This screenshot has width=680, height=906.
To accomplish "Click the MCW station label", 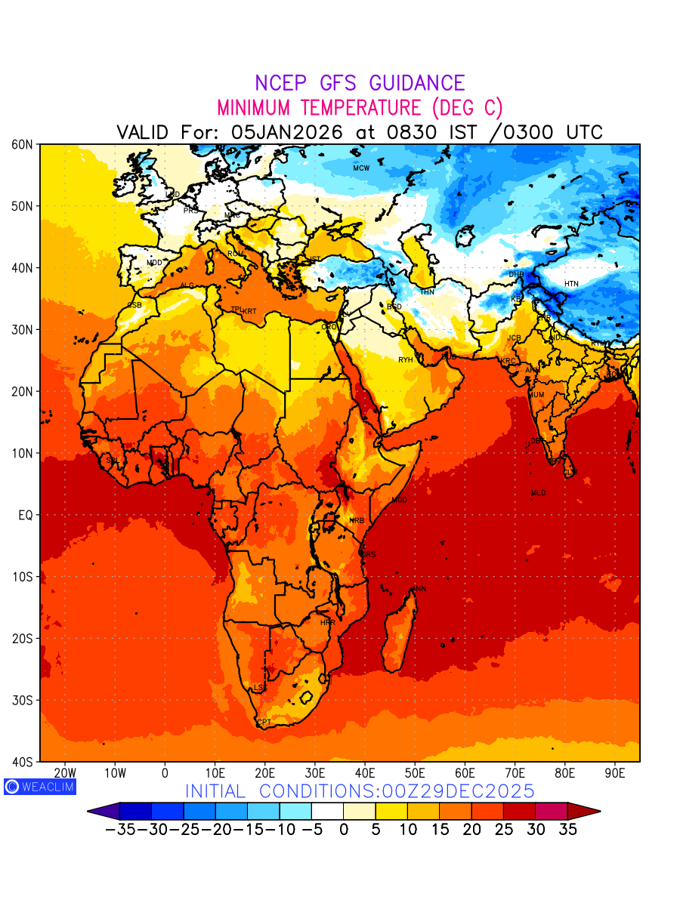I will click(361, 168).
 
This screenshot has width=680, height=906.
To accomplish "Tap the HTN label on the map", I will click(571, 284).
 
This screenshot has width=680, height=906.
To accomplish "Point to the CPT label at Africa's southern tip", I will click(264, 723).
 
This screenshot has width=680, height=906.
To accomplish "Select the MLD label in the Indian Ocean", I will click(538, 493).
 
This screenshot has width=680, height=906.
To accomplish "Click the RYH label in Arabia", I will click(406, 360).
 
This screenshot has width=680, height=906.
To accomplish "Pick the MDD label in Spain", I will click(154, 263).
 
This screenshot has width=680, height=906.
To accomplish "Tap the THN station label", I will click(427, 292).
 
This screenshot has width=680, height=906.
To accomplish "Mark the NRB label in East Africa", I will click(357, 521).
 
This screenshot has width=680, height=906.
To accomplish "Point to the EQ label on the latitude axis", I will click(25, 515).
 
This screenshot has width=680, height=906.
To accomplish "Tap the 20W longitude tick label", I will click(66, 773).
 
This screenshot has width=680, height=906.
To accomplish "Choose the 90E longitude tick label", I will click(615, 773).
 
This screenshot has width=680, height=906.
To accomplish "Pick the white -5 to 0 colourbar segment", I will click(327, 812).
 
